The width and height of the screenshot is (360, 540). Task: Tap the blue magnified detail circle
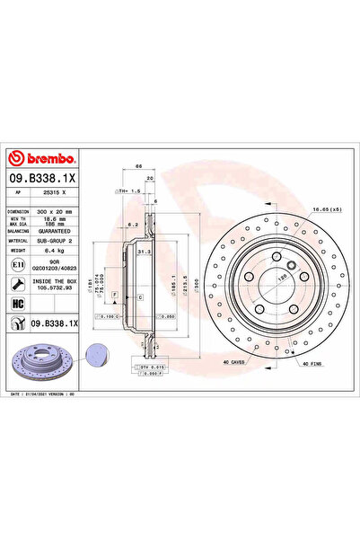click(97, 354)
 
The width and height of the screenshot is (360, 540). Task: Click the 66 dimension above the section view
click(138, 167)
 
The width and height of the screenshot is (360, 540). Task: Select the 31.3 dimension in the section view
click(141, 252)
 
